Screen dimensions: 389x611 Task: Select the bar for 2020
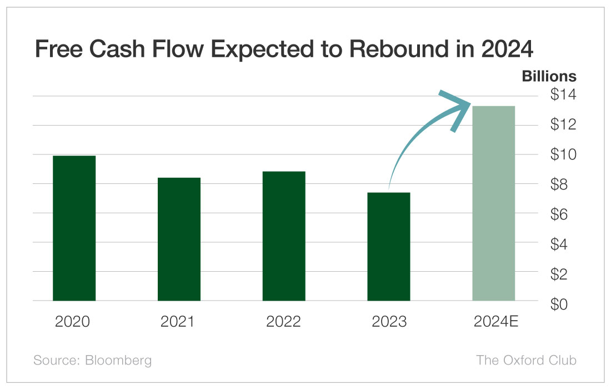point(74,228)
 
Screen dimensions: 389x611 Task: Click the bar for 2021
point(179,239)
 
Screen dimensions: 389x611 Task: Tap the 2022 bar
point(284,236)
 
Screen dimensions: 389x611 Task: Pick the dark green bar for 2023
point(389,247)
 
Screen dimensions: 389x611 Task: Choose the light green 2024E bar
point(494,203)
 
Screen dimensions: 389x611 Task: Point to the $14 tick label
point(563,95)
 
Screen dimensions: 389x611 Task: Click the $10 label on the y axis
point(563,154)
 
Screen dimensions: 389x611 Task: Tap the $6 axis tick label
point(563,214)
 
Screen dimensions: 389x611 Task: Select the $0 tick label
point(563,304)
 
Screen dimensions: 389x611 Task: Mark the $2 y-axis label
point(563,274)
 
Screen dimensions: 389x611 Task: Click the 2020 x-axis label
point(73,322)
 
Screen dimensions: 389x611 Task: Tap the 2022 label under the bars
point(283,322)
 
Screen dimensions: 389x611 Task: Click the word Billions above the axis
point(549,76)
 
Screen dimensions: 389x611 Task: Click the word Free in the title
point(58,49)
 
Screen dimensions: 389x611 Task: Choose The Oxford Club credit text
point(526,360)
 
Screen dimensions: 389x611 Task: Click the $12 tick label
point(563,124)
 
